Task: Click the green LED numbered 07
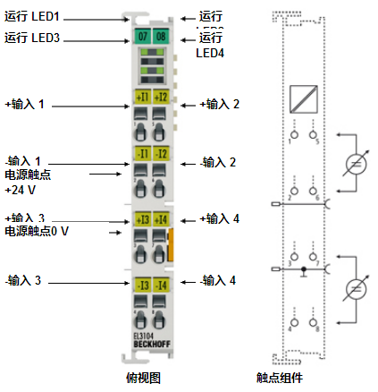click(143, 37)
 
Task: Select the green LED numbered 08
click(160, 37)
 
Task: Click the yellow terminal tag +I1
click(143, 97)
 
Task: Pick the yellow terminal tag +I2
click(161, 97)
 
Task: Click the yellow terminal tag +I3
click(143, 219)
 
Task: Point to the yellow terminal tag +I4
click(161, 219)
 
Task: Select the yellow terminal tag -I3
click(143, 285)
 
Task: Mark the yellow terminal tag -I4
click(161, 285)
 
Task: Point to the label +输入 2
click(219, 104)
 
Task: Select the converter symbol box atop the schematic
click(304, 96)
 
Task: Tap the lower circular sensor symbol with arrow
click(357, 289)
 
